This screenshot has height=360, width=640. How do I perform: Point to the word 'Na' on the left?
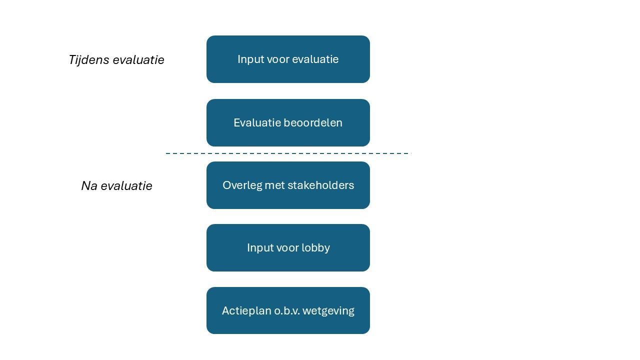click(88, 186)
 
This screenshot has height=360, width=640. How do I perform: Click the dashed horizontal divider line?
click(288, 153)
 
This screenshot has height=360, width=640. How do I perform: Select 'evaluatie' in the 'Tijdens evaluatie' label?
click(138, 60)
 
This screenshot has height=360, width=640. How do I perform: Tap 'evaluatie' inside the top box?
click(315, 59)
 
